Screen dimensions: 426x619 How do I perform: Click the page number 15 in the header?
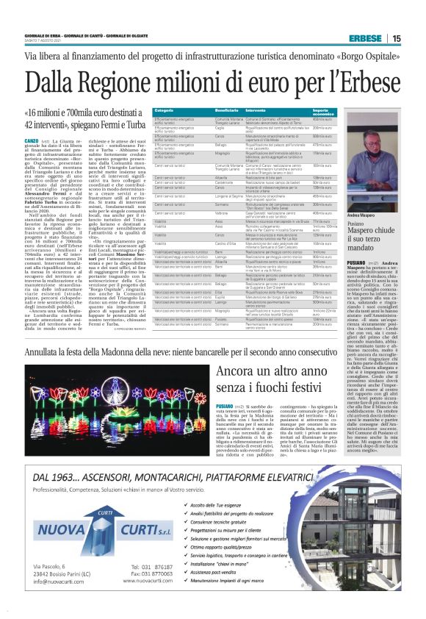click(x=397, y=38)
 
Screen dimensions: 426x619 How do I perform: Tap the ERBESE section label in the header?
click(x=364, y=38)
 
